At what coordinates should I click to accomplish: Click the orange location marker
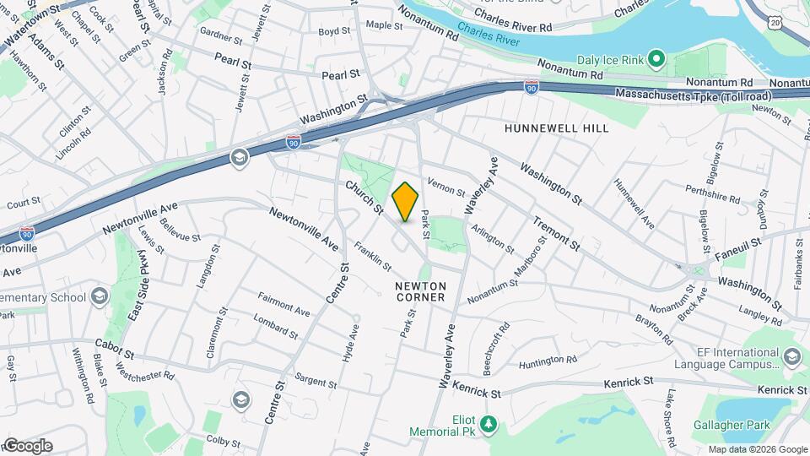tap(405, 202)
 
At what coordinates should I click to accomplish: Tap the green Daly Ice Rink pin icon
tap(658, 59)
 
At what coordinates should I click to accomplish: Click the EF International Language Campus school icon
tap(791, 356)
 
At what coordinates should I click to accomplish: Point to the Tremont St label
tap(555, 234)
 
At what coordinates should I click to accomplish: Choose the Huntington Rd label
tap(548, 360)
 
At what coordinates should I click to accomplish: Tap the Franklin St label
tap(372, 257)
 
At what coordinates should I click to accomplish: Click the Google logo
tap(27, 445)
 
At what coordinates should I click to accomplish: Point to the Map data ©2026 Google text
tap(757, 449)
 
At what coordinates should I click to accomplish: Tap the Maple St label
tap(384, 25)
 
